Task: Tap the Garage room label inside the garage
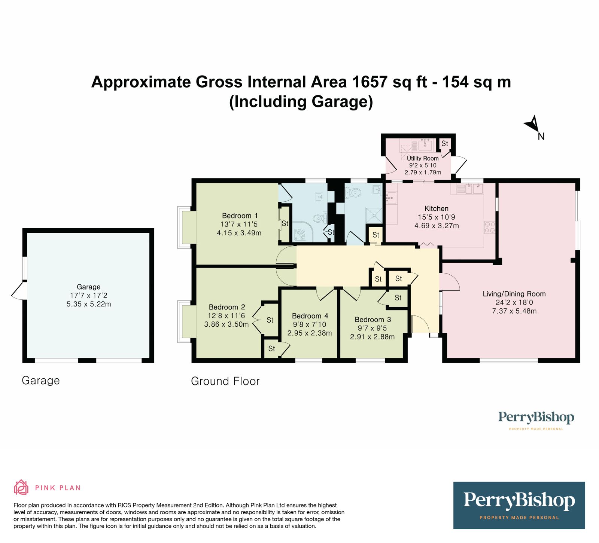[89, 287]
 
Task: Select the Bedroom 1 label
[240, 216]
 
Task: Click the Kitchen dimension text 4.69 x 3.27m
[437, 226]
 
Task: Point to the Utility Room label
[423, 158]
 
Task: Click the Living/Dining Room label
[514, 294]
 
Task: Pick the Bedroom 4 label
[310, 316]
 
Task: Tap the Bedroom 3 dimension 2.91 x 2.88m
[372, 337]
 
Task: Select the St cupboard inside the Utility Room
[444, 144]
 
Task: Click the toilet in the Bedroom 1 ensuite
[319, 218]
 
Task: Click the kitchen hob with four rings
[490, 228]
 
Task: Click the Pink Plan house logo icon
[21, 487]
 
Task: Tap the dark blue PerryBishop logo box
[519, 505]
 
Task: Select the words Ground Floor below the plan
[225, 381]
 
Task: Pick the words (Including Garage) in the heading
[301, 102]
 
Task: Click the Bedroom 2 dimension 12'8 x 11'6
[226, 316]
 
